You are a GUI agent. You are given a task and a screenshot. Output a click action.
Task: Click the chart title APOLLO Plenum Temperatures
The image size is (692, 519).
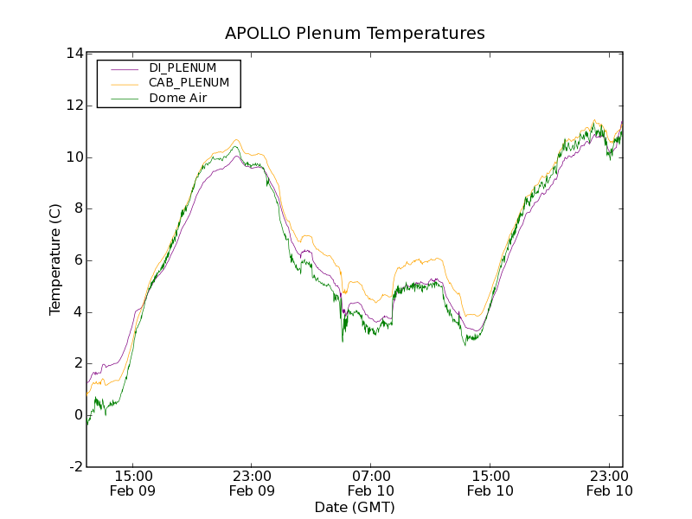pyautogui.click(x=355, y=34)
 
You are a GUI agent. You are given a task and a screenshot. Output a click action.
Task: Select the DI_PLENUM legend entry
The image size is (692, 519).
pyautogui.click(x=183, y=67)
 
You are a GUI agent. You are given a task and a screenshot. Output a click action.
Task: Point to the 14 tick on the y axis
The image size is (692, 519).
pyautogui.click(x=74, y=54)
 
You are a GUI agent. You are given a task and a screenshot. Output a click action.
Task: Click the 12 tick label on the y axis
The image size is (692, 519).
pyautogui.click(x=74, y=106)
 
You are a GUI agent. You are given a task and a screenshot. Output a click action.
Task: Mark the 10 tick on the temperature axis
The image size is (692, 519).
pyautogui.click(x=74, y=157)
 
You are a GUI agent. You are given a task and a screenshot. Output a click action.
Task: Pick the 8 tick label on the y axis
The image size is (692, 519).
pyautogui.click(x=77, y=208)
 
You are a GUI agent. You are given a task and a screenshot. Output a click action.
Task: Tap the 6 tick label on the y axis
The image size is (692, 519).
pyautogui.click(x=77, y=260)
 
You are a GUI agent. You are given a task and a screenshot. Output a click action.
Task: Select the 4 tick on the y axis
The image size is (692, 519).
pyautogui.click(x=77, y=312)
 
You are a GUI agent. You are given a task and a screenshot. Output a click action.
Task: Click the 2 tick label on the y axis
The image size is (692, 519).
pyautogui.click(x=77, y=363)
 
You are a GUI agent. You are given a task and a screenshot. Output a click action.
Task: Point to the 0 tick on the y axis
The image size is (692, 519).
pyautogui.click(x=77, y=415)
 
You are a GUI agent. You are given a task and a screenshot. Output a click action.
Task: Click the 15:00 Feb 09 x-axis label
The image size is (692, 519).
pyautogui.click(x=134, y=483)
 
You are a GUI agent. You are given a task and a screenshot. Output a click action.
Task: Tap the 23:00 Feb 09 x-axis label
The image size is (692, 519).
pyautogui.click(x=253, y=483)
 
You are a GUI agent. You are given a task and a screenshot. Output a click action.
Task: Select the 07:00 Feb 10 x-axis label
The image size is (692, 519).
pyautogui.click(x=371, y=483)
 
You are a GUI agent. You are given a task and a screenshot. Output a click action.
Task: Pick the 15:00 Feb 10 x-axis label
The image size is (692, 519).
pyautogui.click(x=490, y=483)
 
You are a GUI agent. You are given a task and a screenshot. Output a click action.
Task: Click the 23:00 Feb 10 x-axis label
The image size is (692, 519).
pyautogui.click(x=609, y=483)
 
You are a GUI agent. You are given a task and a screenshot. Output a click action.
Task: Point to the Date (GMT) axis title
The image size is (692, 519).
pyautogui.click(x=355, y=507)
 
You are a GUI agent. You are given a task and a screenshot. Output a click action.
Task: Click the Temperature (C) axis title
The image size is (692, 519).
pyautogui.click(x=55, y=259)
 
